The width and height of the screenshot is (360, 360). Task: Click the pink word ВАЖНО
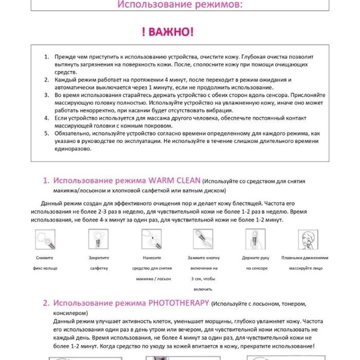pos(171,32)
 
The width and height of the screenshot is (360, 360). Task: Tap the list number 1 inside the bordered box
pos(46,57)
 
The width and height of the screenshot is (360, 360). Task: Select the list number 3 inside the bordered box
pos(46,96)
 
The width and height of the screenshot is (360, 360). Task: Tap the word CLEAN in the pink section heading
pos(188,181)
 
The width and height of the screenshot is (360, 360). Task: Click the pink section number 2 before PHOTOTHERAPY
pos(46,303)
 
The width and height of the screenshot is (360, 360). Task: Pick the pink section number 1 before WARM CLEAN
pos(46,181)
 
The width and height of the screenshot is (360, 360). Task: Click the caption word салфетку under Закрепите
pos(98,268)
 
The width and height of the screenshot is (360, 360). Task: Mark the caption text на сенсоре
pos(255,268)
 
